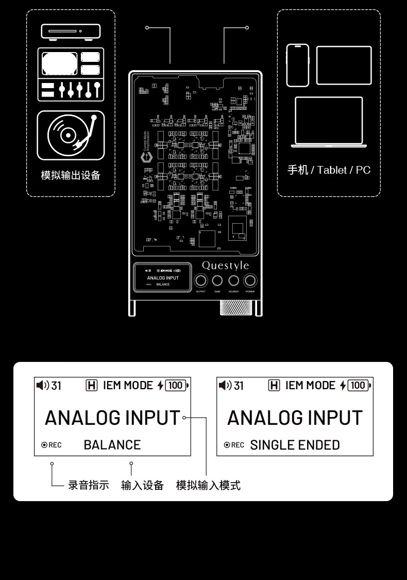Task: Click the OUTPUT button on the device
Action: coord(201,281)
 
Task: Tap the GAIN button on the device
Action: coord(217,281)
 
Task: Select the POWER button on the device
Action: coord(250,281)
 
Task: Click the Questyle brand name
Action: coord(225,266)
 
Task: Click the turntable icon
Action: coord(71,135)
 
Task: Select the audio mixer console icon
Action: coord(71,74)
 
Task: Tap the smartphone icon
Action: coord(298,65)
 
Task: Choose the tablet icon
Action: coord(344,65)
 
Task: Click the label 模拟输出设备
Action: coord(71,175)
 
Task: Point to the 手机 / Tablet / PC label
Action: coord(329,170)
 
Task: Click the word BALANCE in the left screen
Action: coord(112,445)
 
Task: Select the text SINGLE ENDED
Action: coord(295,445)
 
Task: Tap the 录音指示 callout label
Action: coord(89,485)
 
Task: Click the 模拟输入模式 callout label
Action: coord(208,485)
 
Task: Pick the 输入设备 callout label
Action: coord(142,485)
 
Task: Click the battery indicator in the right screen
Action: coord(359,385)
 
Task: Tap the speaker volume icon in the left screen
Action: coord(43,385)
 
